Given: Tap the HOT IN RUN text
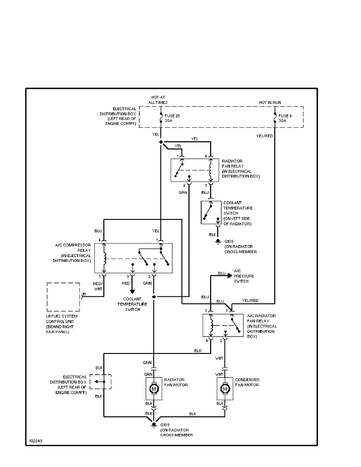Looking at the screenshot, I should tap(270, 103).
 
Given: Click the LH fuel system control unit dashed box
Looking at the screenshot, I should tap(63, 297).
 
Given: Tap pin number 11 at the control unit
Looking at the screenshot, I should tap(84, 295).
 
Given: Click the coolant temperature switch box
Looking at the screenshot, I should tap(211, 212).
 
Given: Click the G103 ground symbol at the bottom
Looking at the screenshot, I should tap(154, 424).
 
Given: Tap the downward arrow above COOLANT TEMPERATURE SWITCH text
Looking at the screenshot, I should tap(132, 291).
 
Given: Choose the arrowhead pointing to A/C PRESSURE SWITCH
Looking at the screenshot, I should tap(228, 276).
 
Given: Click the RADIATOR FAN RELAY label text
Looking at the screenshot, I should tap(241, 168).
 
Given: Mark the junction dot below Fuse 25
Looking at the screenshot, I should tap(161, 142).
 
